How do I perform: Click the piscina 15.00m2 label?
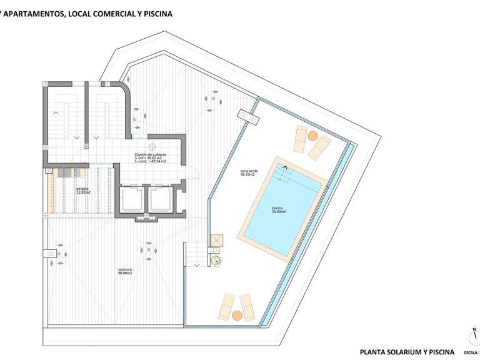tap(278, 210)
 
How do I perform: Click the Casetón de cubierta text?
tap(150, 154)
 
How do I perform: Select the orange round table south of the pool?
tap(237, 316)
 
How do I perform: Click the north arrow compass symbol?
tap(475, 334)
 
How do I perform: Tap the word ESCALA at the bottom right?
tap(471, 353)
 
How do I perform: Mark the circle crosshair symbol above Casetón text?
tap(151, 147)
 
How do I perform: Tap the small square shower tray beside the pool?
tap(217, 241)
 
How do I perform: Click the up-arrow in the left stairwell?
tap(57, 112)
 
